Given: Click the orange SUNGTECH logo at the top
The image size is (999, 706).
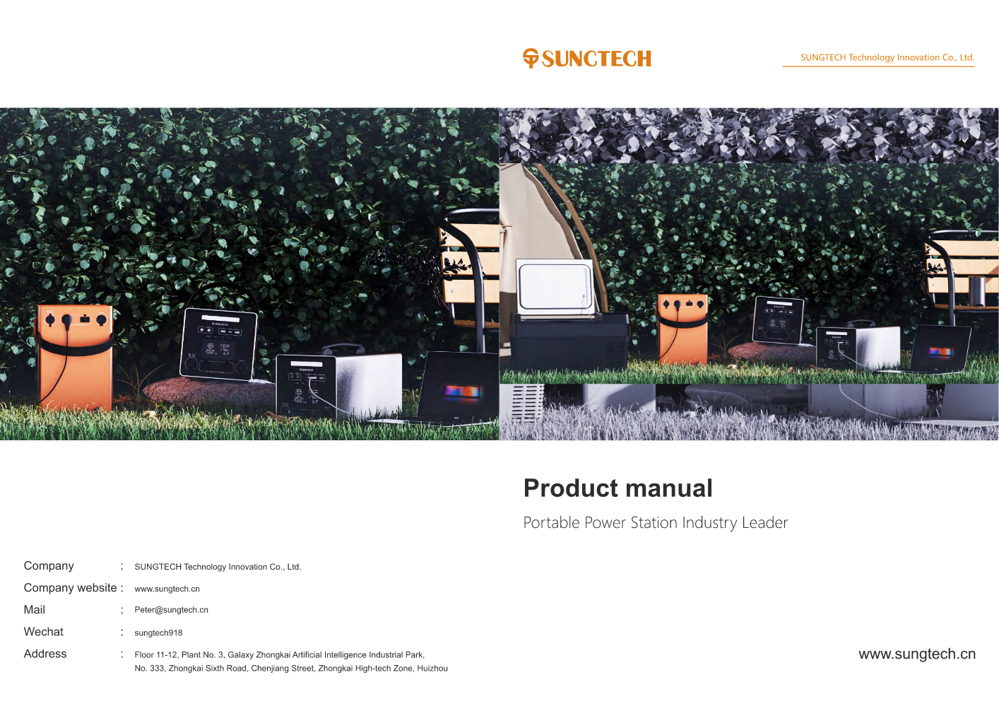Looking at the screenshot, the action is click(587, 59).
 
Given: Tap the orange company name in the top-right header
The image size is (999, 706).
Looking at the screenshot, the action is click(887, 57).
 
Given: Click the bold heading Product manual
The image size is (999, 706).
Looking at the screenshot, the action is click(617, 488).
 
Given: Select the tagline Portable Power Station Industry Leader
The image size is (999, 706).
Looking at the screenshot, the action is click(655, 523).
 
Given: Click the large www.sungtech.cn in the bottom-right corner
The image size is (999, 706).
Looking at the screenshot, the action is click(917, 654).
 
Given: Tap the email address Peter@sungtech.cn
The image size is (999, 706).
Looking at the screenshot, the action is click(171, 610).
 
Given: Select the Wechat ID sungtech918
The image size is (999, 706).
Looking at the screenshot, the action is click(158, 633).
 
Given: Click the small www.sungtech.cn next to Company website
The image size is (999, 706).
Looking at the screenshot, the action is click(167, 589).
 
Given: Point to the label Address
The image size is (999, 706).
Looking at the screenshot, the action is click(45, 654).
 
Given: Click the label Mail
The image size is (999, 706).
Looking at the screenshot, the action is click(35, 610).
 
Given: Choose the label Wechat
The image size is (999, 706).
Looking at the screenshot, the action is click(43, 632).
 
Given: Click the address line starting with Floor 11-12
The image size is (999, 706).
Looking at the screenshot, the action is click(280, 654).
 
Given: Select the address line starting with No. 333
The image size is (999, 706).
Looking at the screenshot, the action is click(291, 668).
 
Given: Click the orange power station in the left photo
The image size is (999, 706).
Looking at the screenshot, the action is click(74, 357).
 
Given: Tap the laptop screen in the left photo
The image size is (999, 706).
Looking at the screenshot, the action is click(459, 387).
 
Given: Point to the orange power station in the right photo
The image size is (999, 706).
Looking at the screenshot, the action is click(682, 329).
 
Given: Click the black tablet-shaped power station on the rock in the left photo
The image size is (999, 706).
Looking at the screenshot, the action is click(218, 344).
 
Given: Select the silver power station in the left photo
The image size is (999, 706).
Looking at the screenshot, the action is click(339, 385).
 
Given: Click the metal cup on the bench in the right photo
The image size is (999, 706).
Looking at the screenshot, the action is click(976, 290).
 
